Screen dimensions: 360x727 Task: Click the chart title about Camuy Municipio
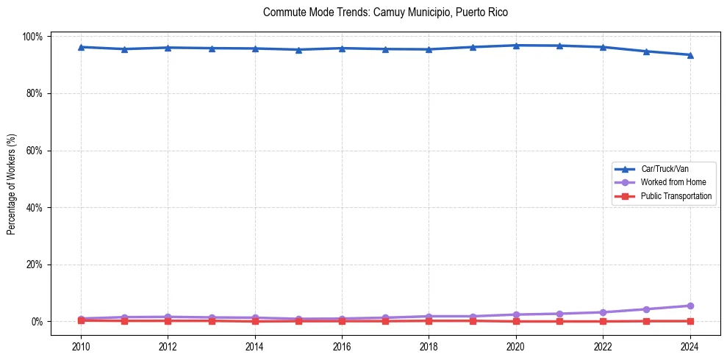pyautogui.click(x=385, y=12)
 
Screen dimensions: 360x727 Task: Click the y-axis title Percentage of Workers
pyautogui.click(x=11, y=179)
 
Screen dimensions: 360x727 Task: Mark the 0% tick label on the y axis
pyautogui.click(x=37, y=322)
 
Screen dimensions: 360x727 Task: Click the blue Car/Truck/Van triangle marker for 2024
pyautogui.click(x=690, y=55)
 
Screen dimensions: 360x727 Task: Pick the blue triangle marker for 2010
pyautogui.click(x=81, y=47)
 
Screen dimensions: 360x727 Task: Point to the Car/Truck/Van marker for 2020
pyautogui.click(x=516, y=46)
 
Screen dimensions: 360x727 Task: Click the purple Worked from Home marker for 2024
pyautogui.click(x=690, y=306)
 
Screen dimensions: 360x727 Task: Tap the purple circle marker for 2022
pyautogui.click(x=603, y=312)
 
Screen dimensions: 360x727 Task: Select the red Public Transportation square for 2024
pyautogui.click(x=690, y=321)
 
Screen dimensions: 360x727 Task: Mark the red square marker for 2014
pyautogui.click(x=255, y=321)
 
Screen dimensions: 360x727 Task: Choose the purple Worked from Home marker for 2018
pyautogui.click(x=429, y=316)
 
